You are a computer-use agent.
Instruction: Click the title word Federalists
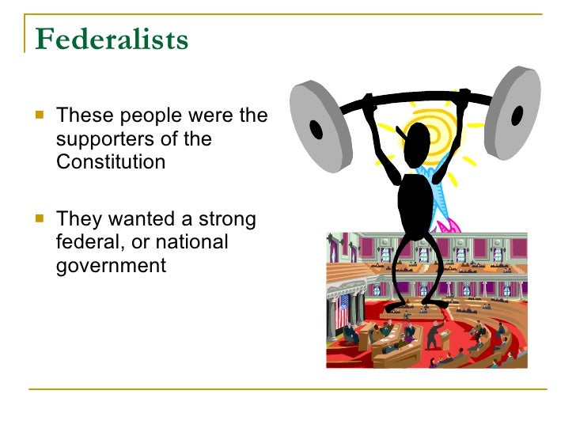(x=112, y=40)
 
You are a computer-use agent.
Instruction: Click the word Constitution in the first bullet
(x=111, y=162)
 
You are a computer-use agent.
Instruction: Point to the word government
(x=111, y=265)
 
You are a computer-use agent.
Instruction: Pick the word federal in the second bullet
(x=88, y=242)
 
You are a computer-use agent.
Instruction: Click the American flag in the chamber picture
(x=343, y=309)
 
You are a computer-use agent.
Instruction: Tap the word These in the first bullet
(x=81, y=117)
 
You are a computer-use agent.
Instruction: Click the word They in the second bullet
(x=78, y=219)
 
